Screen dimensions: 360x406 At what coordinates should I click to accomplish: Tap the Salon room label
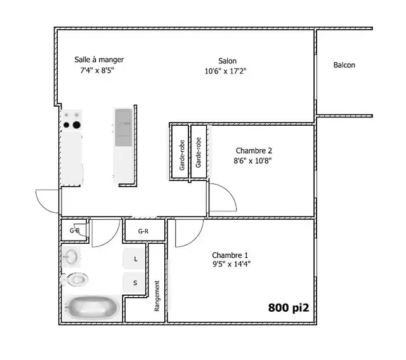coord(227,61)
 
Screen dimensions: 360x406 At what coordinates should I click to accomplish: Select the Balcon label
coord(344,65)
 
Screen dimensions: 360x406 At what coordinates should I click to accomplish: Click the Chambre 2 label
coord(254,150)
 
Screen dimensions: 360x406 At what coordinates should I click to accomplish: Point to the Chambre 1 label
coord(230,254)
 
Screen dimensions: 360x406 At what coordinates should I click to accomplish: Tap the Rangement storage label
coord(157,297)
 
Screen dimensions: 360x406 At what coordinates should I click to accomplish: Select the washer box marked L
coord(134,259)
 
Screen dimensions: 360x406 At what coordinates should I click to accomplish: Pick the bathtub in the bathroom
coord(91,309)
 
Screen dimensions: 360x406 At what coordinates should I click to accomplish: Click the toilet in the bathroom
coord(76,279)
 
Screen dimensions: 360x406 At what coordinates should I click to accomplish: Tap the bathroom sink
coord(71,257)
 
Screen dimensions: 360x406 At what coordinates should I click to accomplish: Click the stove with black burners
coord(71,120)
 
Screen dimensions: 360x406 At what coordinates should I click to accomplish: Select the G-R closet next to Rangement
coord(143,232)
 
